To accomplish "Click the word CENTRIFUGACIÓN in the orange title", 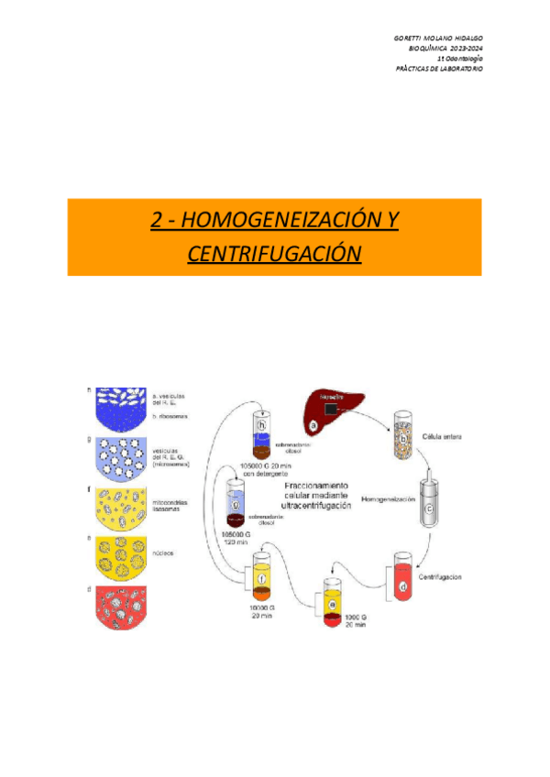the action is point(274,253).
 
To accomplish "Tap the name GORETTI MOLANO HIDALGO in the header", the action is point(440,37).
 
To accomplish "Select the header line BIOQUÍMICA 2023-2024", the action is point(445,48).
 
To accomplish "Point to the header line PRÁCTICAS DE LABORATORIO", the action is point(439,69).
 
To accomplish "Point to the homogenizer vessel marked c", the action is point(428,499).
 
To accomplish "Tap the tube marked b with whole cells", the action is point(403,432).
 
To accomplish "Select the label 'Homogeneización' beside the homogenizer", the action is point(389,500).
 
